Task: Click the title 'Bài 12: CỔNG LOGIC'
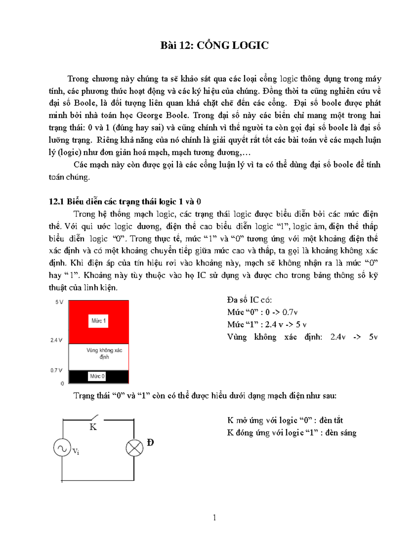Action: (x=214, y=45)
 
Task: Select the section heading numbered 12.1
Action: (x=125, y=202)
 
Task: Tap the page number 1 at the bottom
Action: (x=214, y=517)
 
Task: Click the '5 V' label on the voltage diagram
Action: (x=59, y=302)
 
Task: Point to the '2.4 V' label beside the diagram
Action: (x=56, y=340)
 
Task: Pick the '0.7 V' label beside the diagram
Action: (x=56, y=370)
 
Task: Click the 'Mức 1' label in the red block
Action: (x=98, y=321)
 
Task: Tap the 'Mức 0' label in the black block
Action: (x=97, y=376)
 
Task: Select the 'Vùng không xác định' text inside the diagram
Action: (x=104, y=353)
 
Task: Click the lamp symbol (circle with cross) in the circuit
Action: (x=134, y=448)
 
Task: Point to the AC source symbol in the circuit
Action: (x=62, y=448)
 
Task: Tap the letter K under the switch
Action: (x=93, y=427)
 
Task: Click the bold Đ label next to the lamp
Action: (x=150, y=443)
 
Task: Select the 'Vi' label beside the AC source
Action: (x=76, y=452)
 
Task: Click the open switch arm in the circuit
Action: (x=94, y=417)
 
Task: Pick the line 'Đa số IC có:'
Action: (x=250, y=300)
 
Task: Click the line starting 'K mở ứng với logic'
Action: (x=285, y=420)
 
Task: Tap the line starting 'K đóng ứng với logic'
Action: (x=292, y=433)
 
